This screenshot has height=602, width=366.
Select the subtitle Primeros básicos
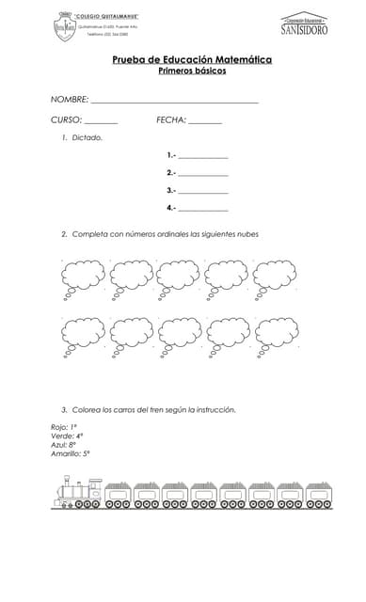pos(192,71)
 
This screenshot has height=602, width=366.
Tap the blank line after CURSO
pos(102,122)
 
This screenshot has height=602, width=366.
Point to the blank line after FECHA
pos(205,122)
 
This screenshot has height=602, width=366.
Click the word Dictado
pos(88,138)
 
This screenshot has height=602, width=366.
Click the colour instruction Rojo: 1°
pos(64,427)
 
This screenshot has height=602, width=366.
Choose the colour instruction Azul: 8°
pos(64,445)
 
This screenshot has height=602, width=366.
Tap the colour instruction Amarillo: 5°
pos(71,453)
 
